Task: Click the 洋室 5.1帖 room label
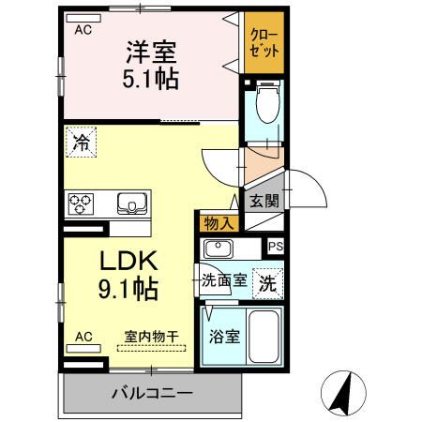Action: click(x=151, y=64)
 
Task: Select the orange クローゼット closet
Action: click(x=264, y=43)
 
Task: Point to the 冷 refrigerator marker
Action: click(x=82, y=145)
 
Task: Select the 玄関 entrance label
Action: click(x=264, y=200)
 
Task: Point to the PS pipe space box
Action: click(x=275, y=247)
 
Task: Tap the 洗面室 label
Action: click(x=226, y=280)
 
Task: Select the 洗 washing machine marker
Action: click(x=268, y=282)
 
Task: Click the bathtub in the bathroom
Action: click(x=265, y=339)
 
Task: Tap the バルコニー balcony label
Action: click(x=152, y=393)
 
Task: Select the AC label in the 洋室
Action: click(x=83, y=30)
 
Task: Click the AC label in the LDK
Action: click(x=83, y=335)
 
